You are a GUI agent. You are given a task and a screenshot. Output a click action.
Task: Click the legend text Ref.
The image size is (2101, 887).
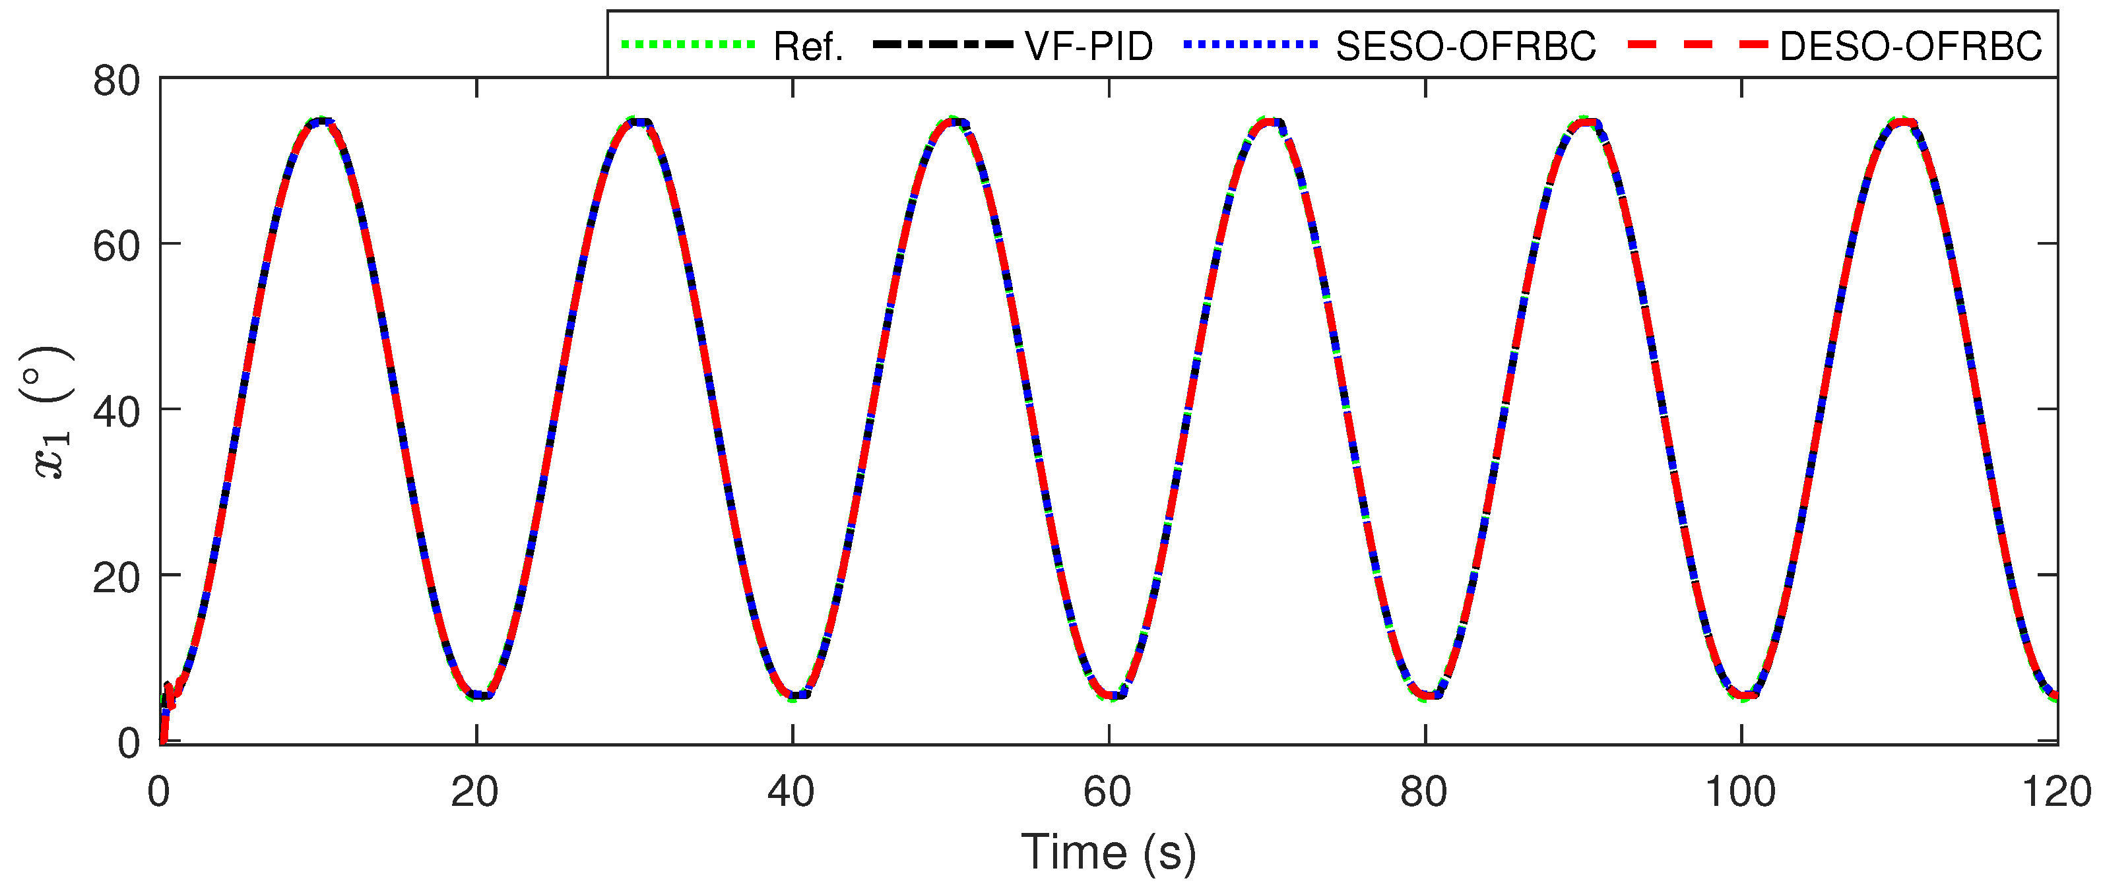[808, 46]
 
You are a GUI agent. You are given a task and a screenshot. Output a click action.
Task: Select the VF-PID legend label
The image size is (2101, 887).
[1089, 46]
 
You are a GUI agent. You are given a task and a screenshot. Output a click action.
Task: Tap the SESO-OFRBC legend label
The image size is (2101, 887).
[1465, 46]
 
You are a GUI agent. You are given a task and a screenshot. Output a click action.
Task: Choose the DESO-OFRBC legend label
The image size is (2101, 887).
[1910, 46]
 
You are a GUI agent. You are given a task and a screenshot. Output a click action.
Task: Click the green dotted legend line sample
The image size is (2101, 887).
[688, 44]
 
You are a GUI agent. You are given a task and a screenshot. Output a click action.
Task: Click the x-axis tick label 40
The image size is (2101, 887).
[791, 791]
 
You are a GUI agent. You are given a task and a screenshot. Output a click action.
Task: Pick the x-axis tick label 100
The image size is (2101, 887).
[1741, 791]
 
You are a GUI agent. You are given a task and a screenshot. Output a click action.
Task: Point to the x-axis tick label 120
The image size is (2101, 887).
[2056, 791]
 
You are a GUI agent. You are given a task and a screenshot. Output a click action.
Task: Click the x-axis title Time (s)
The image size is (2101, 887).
[1109, 853]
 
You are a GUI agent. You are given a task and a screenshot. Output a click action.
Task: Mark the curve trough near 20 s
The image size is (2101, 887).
[480, 695]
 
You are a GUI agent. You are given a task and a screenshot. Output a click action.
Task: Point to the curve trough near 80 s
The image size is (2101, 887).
[1427, 695]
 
